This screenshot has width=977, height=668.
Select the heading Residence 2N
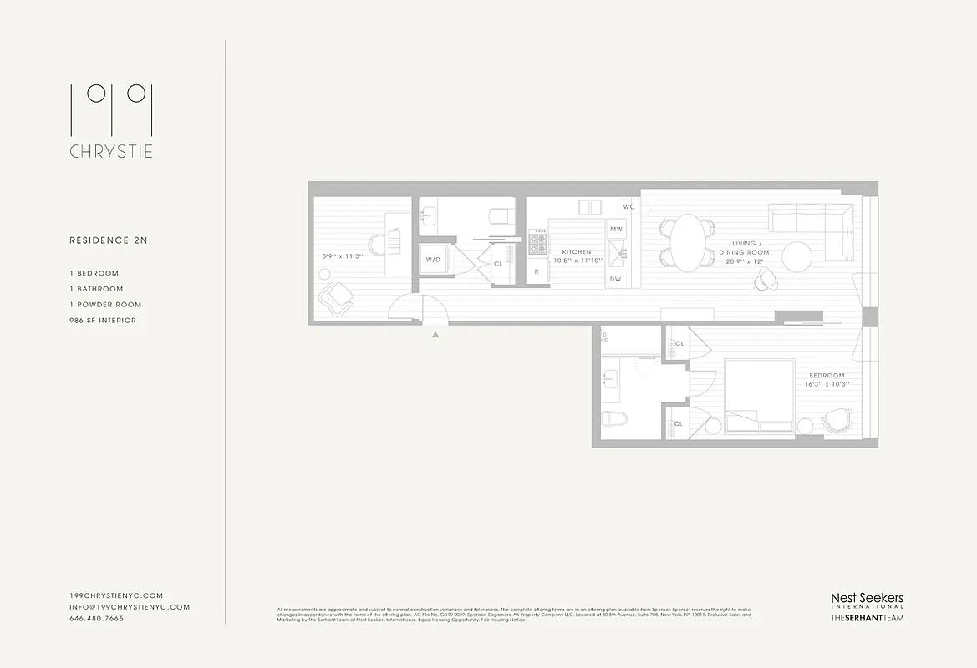108,240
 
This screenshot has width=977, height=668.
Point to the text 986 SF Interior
103,321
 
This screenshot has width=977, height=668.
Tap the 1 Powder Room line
105,305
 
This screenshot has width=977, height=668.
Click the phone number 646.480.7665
96,619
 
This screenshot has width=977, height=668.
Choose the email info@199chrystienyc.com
130,607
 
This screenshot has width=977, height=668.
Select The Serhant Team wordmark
866,618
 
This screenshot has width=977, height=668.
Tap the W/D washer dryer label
433,260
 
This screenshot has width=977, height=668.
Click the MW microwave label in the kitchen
616,229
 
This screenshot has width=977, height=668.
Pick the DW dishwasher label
615,279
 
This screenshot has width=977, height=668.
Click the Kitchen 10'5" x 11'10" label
577,256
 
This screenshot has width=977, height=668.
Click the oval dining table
688,243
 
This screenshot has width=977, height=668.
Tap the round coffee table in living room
796,256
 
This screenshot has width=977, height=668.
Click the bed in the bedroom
759,395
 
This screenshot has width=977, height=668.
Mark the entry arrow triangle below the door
435,335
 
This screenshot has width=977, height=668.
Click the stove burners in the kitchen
537,243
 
